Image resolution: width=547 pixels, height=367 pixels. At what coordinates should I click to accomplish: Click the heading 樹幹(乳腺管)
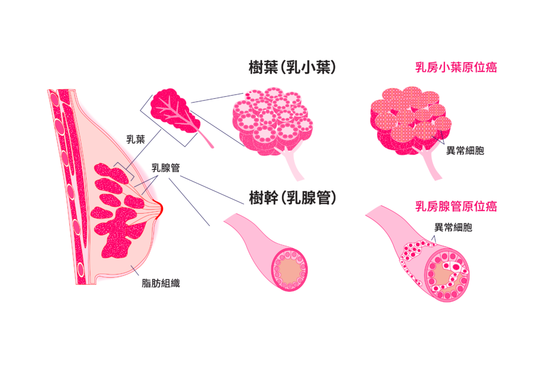(x=292, y=198)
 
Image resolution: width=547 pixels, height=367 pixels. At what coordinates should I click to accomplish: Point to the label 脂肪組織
(x=161, y=284)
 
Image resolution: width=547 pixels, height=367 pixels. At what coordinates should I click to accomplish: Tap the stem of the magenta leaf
(x=206, y=140)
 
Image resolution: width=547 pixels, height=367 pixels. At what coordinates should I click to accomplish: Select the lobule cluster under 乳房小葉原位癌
(x=405, y=119)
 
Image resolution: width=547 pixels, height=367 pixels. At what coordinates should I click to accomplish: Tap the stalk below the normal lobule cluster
(x=294, y=165)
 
